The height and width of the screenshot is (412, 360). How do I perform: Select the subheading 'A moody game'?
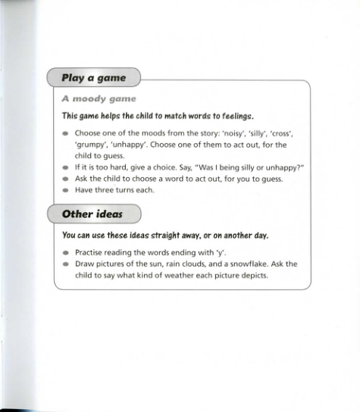point(99,98)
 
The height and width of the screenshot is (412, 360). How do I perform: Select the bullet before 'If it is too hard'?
point(66,167)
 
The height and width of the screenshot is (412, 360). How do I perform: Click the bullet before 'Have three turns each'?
point(66,190)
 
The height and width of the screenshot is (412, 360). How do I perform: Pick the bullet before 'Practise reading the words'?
point(66,252)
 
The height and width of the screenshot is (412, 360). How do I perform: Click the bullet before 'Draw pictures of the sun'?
point(66,264)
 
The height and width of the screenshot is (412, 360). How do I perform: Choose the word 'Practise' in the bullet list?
point(91,252)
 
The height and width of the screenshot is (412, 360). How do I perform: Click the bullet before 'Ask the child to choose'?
point(66,179)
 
